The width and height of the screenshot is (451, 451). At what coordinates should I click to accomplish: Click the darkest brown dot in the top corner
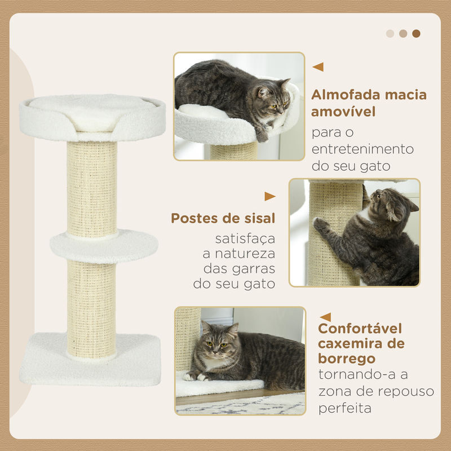point(416,33)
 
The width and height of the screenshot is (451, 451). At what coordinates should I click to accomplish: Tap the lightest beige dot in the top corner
point(390,33)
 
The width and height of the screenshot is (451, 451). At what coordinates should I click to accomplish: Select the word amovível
point(343,111)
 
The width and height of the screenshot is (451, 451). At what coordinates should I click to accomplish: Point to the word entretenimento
point(362,149)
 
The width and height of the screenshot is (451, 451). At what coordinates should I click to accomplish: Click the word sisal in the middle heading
point(260,218)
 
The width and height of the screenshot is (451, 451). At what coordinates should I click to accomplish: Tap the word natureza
point(245,254)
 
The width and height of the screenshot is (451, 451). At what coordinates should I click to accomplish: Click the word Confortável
point(360,328)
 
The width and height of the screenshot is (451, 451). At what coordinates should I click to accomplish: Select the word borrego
point(347,359)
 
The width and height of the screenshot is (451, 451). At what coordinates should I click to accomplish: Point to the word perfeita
point(344,408)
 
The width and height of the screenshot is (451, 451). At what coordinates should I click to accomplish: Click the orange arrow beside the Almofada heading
point(318,67)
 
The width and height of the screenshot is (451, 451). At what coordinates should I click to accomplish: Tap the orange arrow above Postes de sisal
point(270,196)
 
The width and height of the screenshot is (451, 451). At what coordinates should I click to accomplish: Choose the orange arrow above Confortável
point(325,317)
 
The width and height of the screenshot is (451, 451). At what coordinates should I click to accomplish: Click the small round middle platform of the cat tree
point(104,246)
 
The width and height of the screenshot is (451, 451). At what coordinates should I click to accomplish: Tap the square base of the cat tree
point(90,360)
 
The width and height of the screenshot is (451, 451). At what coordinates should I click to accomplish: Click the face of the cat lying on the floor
point(218,343)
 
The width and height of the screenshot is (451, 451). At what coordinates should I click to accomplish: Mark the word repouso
point(405,391)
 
